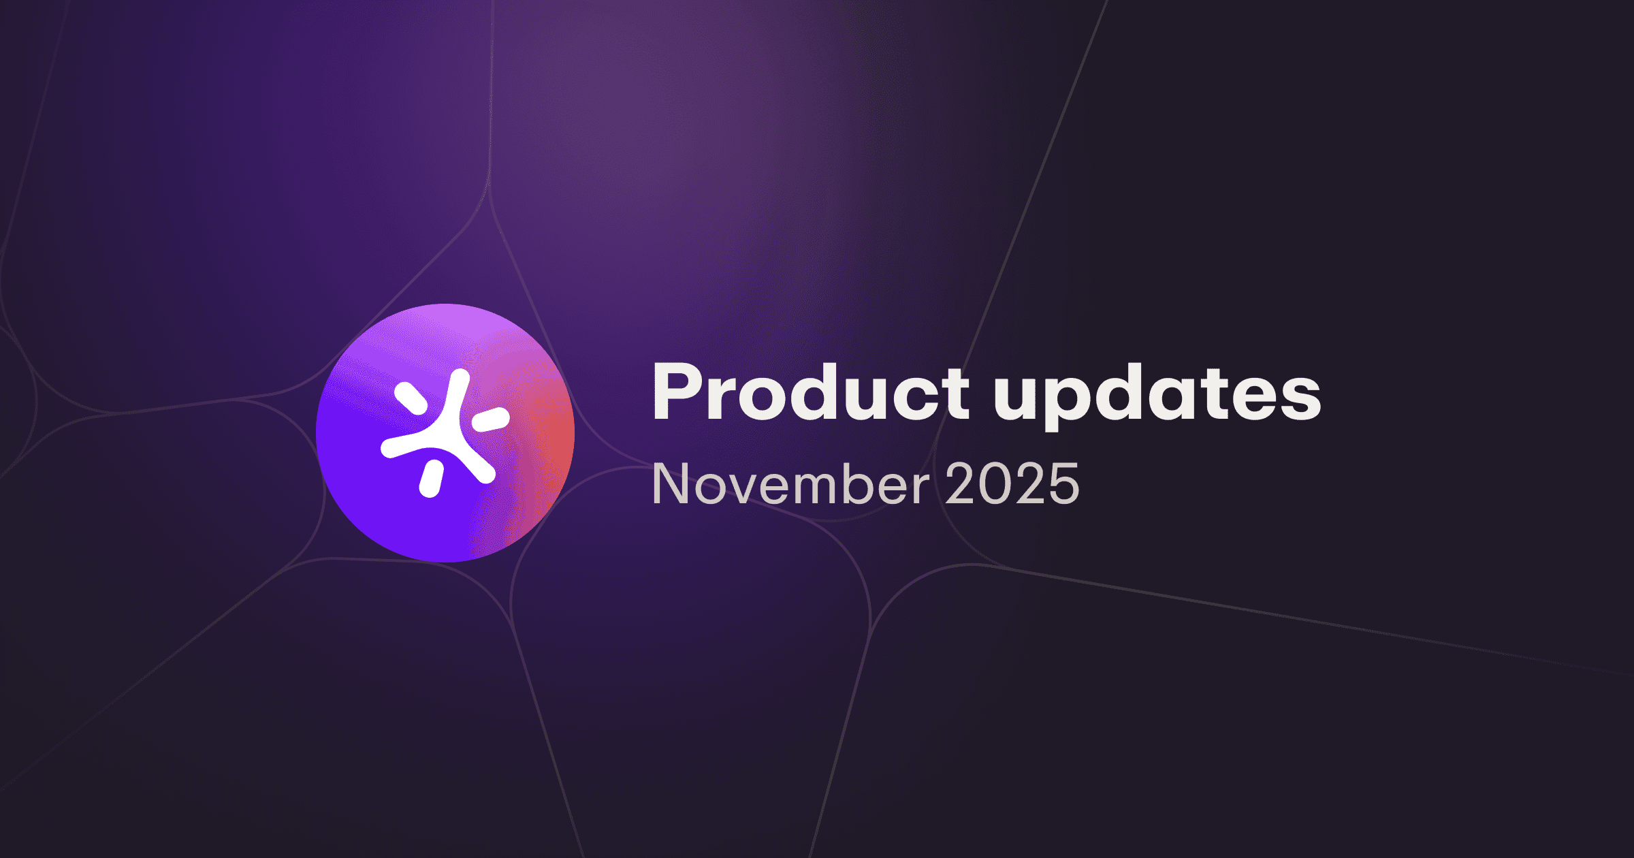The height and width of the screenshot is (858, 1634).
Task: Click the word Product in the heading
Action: tap(810, 394)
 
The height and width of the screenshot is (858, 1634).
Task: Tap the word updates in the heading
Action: tap(1157, 398)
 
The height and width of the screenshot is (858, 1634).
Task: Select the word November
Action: tap(790, 484)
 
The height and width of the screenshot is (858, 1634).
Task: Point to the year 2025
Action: tap(1012, 484)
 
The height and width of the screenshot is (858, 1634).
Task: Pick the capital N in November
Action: tap(670, 484)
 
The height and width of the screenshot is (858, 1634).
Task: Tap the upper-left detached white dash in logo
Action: tap(411, 398)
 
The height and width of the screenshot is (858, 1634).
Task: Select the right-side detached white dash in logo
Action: tap(491, 419)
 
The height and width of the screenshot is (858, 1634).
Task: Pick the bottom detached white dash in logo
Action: tap(431, 478)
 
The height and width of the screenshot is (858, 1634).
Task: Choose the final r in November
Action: tap(921, 488)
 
